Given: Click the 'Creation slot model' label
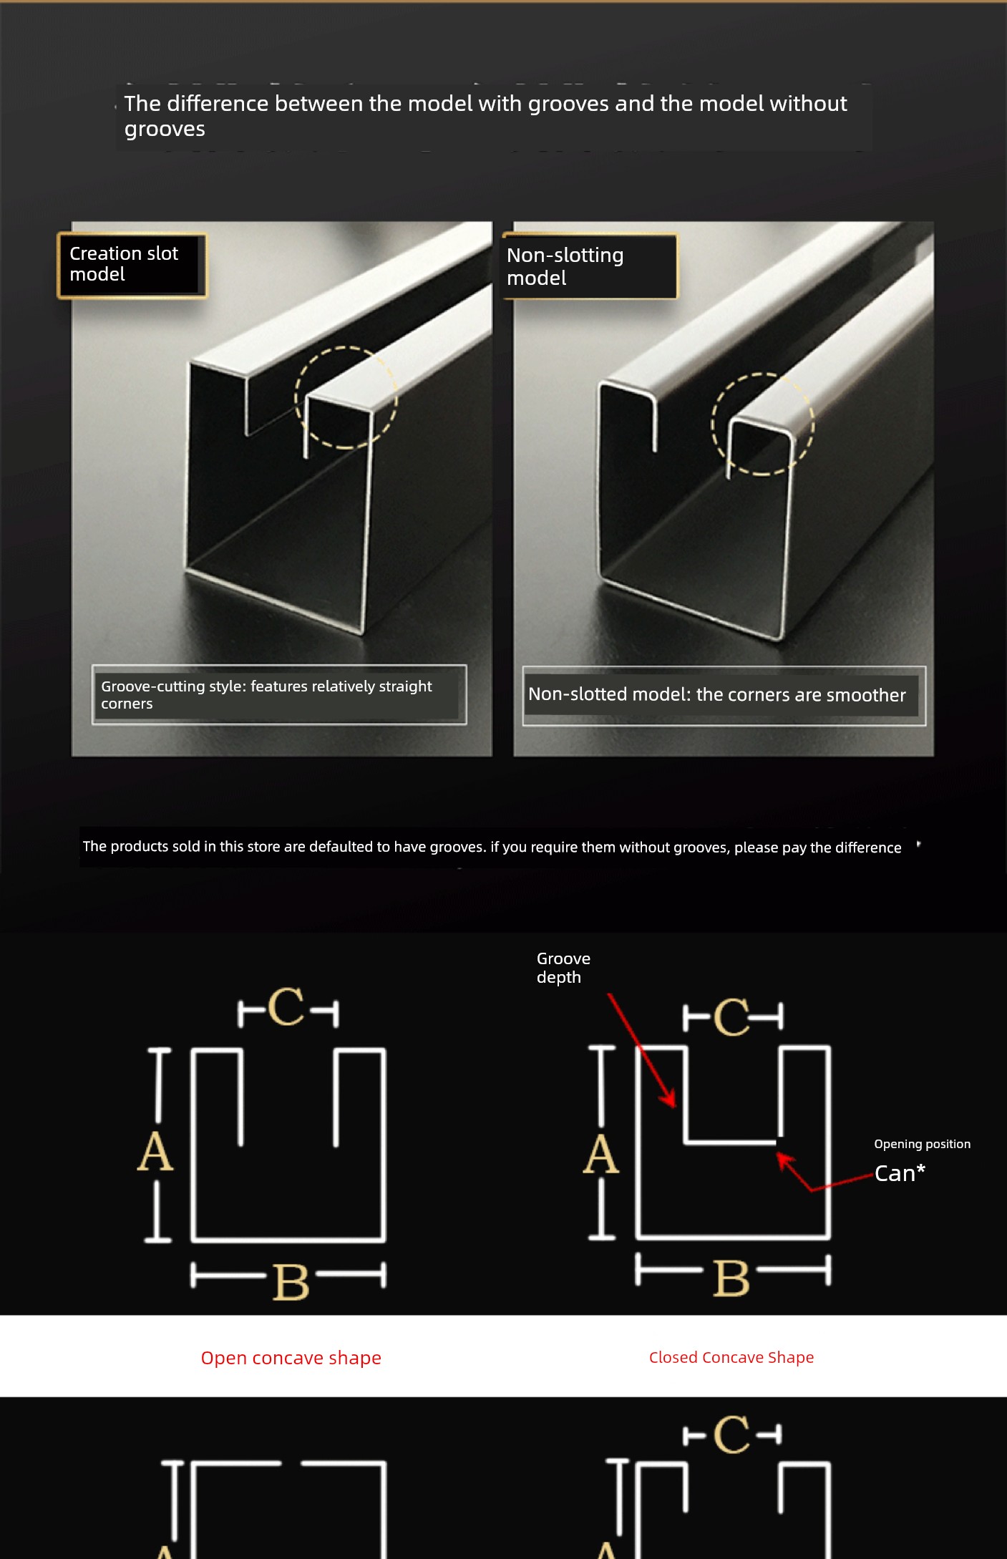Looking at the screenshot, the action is click(x=132, y=265).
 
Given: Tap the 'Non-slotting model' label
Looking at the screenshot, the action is click(x=590, y=266).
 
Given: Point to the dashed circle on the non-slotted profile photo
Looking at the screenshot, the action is click(x=762, y=374).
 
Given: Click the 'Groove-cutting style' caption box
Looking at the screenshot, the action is click(x=279, y=694).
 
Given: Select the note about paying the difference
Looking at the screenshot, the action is click(x=492, y=847).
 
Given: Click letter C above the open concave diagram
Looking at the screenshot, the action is click(x=286, y=1007).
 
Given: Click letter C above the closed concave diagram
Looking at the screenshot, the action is click(x=731, y=1017).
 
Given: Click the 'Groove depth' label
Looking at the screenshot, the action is click(x=563, y=968).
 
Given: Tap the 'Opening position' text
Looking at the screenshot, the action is click(x=922, y=1144).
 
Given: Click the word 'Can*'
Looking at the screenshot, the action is click(x=900, y=1173).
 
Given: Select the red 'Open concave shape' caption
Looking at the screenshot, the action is click(x=291, y=1358).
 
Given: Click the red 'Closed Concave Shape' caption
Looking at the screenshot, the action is click(x=731, y=1357).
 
